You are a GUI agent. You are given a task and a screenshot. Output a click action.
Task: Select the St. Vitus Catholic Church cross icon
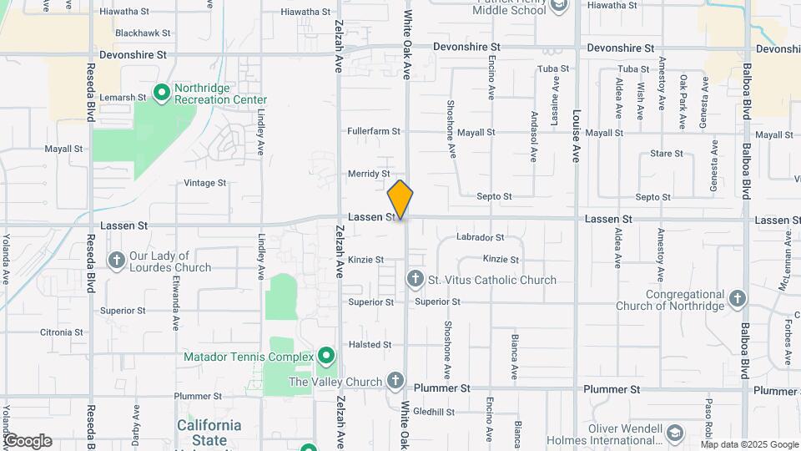415,278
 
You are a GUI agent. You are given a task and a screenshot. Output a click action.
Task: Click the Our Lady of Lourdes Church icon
116,261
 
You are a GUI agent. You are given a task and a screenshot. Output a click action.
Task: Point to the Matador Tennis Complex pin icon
325,357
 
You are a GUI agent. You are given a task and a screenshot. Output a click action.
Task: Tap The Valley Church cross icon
396,382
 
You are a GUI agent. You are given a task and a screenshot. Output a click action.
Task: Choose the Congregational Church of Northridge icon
737,298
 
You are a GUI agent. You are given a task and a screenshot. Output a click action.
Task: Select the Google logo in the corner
28,441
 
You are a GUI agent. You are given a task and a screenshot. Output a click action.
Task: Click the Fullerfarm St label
374,131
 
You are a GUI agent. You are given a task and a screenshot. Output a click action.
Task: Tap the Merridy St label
369,174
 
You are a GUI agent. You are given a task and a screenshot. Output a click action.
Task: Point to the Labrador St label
481,238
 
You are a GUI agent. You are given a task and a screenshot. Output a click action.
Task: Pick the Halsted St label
370,345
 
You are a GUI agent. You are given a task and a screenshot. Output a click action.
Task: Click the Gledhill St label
433,412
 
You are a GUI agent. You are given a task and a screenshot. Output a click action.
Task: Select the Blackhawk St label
143,33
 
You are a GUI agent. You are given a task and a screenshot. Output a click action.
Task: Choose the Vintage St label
204,183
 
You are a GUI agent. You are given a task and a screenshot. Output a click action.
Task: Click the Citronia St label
62,332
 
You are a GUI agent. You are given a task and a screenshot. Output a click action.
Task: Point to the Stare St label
667,154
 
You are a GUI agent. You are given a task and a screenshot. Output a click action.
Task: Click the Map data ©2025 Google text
748,444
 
